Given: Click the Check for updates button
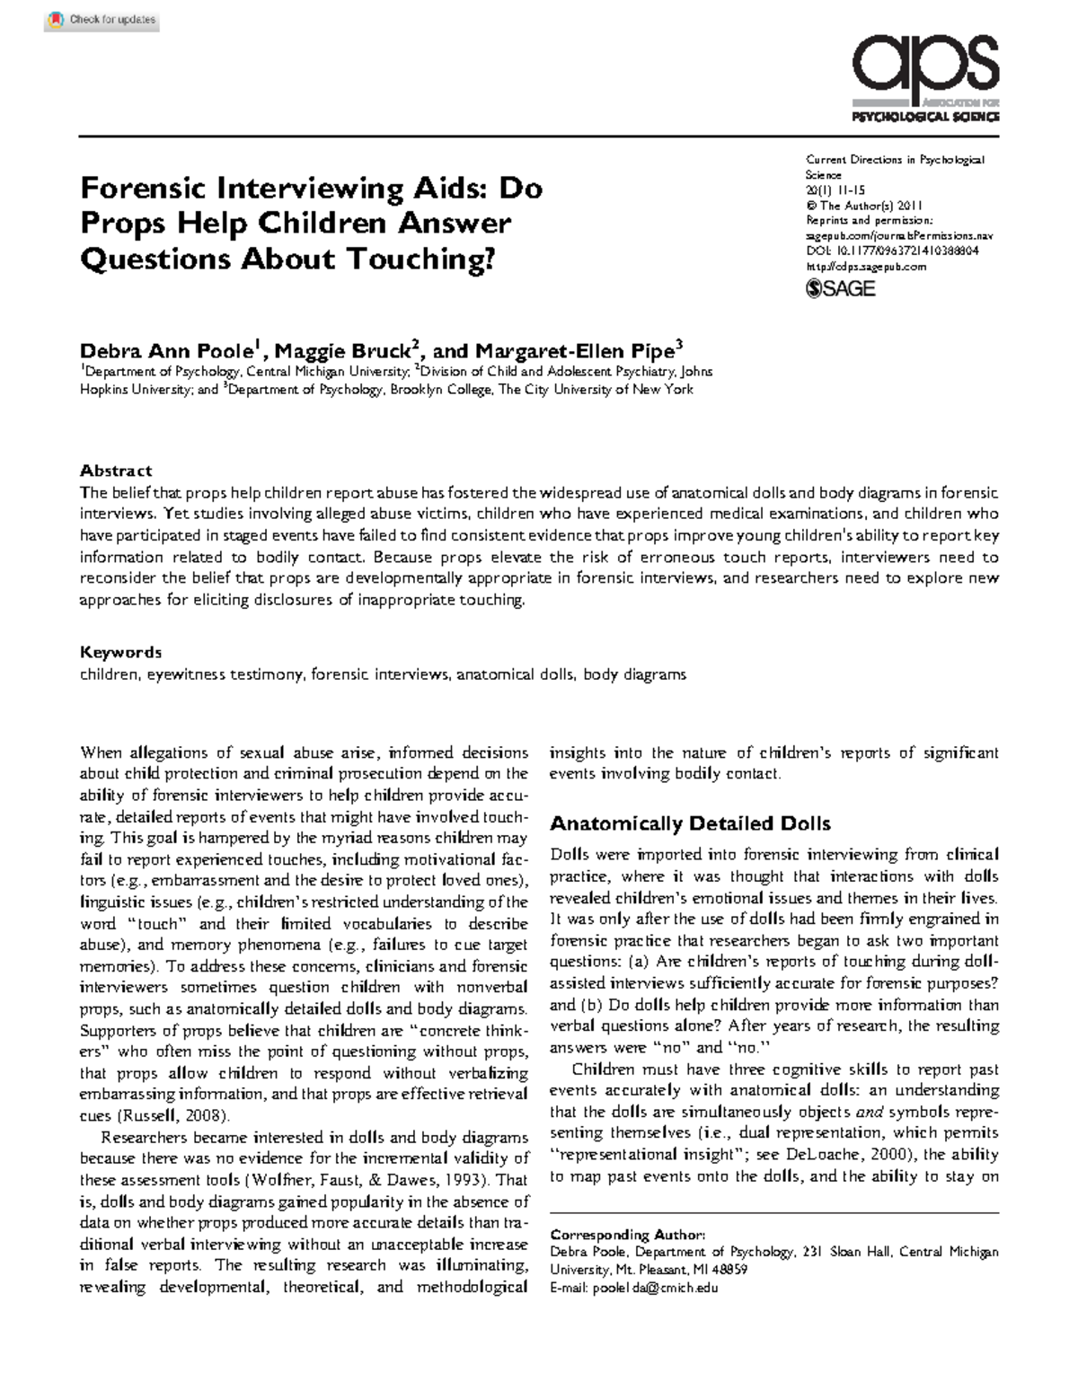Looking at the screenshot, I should coord(102,20).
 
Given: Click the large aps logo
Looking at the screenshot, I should coord(924,68).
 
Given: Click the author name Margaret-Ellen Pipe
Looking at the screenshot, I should coord(575,350).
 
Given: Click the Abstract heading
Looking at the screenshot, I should coord(116,471).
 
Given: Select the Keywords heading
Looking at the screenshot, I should coord(120,652).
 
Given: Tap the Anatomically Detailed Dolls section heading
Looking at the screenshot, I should coord(689,823).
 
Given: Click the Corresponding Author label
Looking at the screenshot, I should coord(627,1235).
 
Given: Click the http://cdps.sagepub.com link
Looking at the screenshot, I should coord(865,267).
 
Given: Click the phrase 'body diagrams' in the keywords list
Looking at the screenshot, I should coord(634,674).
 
